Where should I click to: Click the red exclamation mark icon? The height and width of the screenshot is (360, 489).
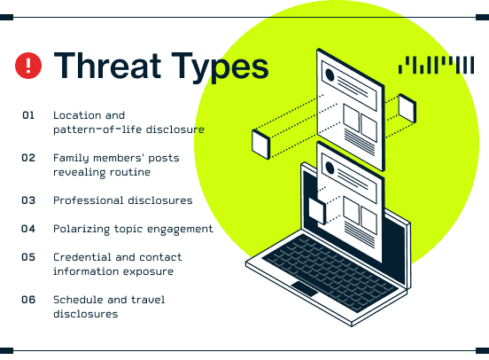click(x=28, y=66)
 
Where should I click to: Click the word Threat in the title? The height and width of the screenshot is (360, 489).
click(x=107, y=66)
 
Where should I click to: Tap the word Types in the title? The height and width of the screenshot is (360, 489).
click(x=221, y=68)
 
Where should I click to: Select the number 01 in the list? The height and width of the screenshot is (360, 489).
click(x=28, y=115)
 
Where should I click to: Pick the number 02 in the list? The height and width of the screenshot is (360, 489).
click(x=28, y=158)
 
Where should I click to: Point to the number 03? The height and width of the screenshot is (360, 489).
click(x=28, y=200)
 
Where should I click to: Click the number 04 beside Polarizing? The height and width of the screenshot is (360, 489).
click(x=28, y=229)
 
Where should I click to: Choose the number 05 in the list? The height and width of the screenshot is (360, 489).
click(x=28, y=257)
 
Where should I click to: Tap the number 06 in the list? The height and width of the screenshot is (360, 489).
click(x=28, y=300)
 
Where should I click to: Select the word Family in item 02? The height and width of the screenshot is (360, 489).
click(x=71, y=159)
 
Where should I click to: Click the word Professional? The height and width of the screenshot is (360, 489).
click(x=89, y=200)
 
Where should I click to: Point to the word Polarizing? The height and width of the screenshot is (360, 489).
click(x=81, y=229)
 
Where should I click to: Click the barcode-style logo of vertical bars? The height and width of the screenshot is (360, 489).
click(x=437, y=65)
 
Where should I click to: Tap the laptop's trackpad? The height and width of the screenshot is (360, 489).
click(x=305, y=289)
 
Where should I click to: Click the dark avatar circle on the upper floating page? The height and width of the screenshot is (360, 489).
click(x=330, y=75)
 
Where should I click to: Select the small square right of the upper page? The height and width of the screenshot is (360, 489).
click(x=407, y=108)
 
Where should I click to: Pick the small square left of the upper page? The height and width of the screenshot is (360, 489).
click(x=260, y=145)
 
